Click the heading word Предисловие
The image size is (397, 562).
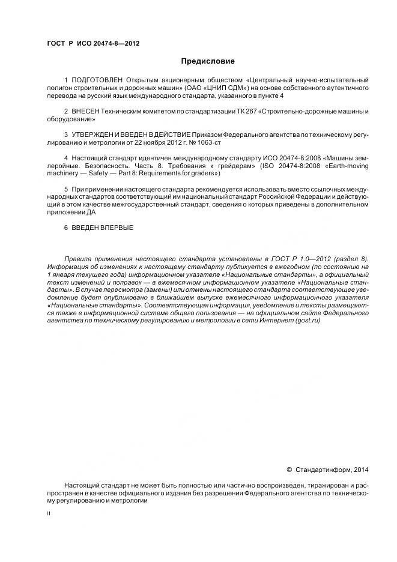[208, 61]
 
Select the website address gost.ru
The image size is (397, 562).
[307, 321]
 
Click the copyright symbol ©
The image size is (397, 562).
[289, 469]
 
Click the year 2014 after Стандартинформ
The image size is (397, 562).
[362, 469]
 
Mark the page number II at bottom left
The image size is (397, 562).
[49, 514]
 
